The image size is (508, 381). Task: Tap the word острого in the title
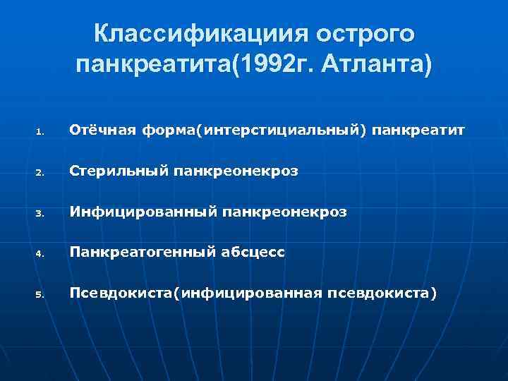click(365, 33)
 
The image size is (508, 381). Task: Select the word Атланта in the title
click(374, 66)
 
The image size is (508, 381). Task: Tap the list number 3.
click(41, 212)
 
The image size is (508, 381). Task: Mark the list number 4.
click(41, 253)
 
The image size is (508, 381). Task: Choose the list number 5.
click(41, 293)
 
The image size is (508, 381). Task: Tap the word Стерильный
click(113, 171)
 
